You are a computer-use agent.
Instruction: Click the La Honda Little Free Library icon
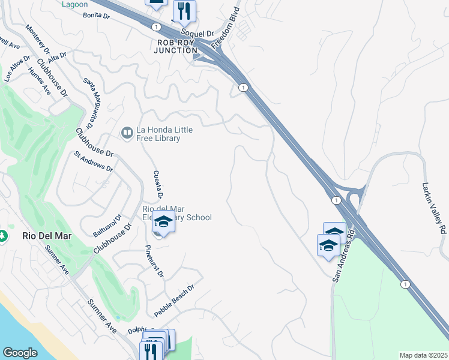point(127,132)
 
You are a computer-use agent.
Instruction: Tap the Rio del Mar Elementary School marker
point(163,223)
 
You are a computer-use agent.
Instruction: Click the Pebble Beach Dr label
point(174,301)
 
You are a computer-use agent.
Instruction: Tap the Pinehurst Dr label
point(154,260)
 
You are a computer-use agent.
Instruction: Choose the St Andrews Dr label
point(93,161)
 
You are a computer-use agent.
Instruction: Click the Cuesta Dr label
point(158,183)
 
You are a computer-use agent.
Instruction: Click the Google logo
point(20,353)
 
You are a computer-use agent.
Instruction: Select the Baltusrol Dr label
point(107,226)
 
